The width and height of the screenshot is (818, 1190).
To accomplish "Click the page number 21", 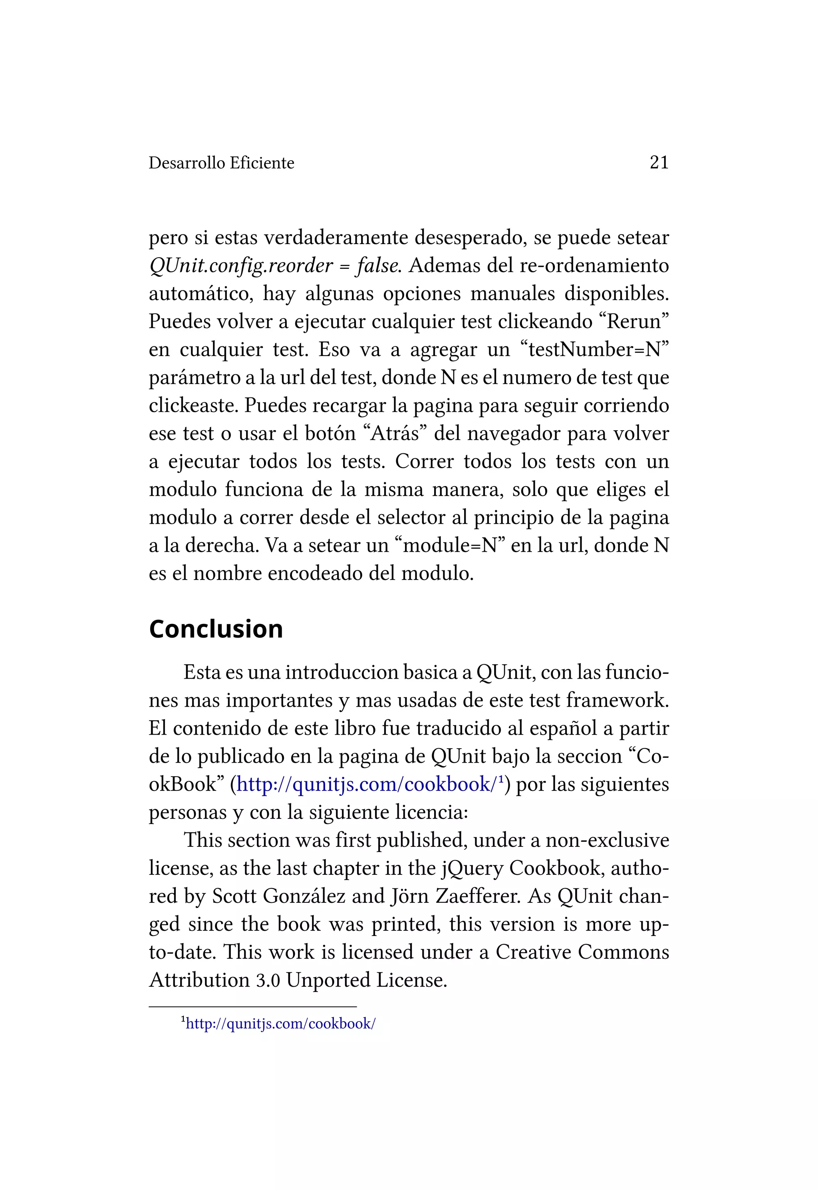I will point(659,163).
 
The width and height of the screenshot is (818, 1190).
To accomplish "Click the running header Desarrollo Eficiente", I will point(221,163).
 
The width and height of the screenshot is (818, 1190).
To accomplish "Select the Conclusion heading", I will point(216,629).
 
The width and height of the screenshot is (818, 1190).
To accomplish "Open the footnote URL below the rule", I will point(280,1024).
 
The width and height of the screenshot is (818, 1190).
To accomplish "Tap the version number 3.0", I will point(268,980).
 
